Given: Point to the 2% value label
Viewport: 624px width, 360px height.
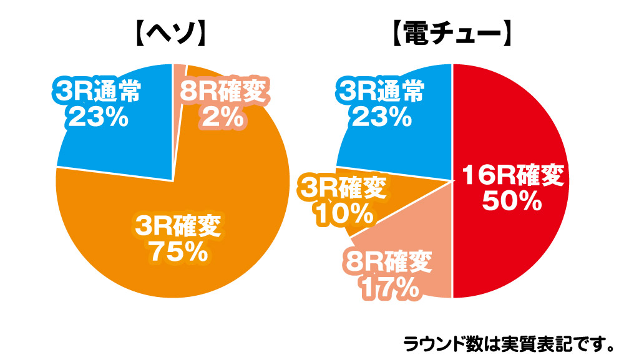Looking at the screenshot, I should coord(222,117).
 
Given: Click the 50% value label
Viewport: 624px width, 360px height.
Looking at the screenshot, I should coord(512,201).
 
